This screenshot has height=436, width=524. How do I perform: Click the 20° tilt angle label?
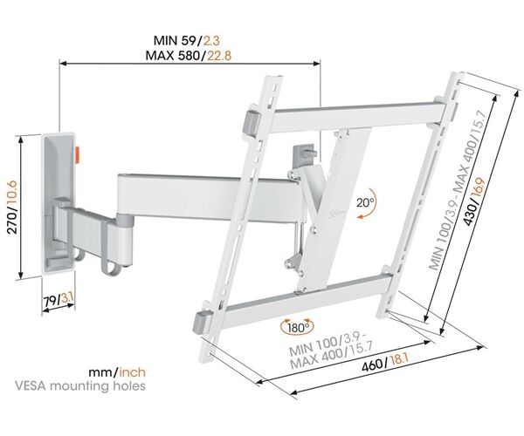click(x=365, y=202)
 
